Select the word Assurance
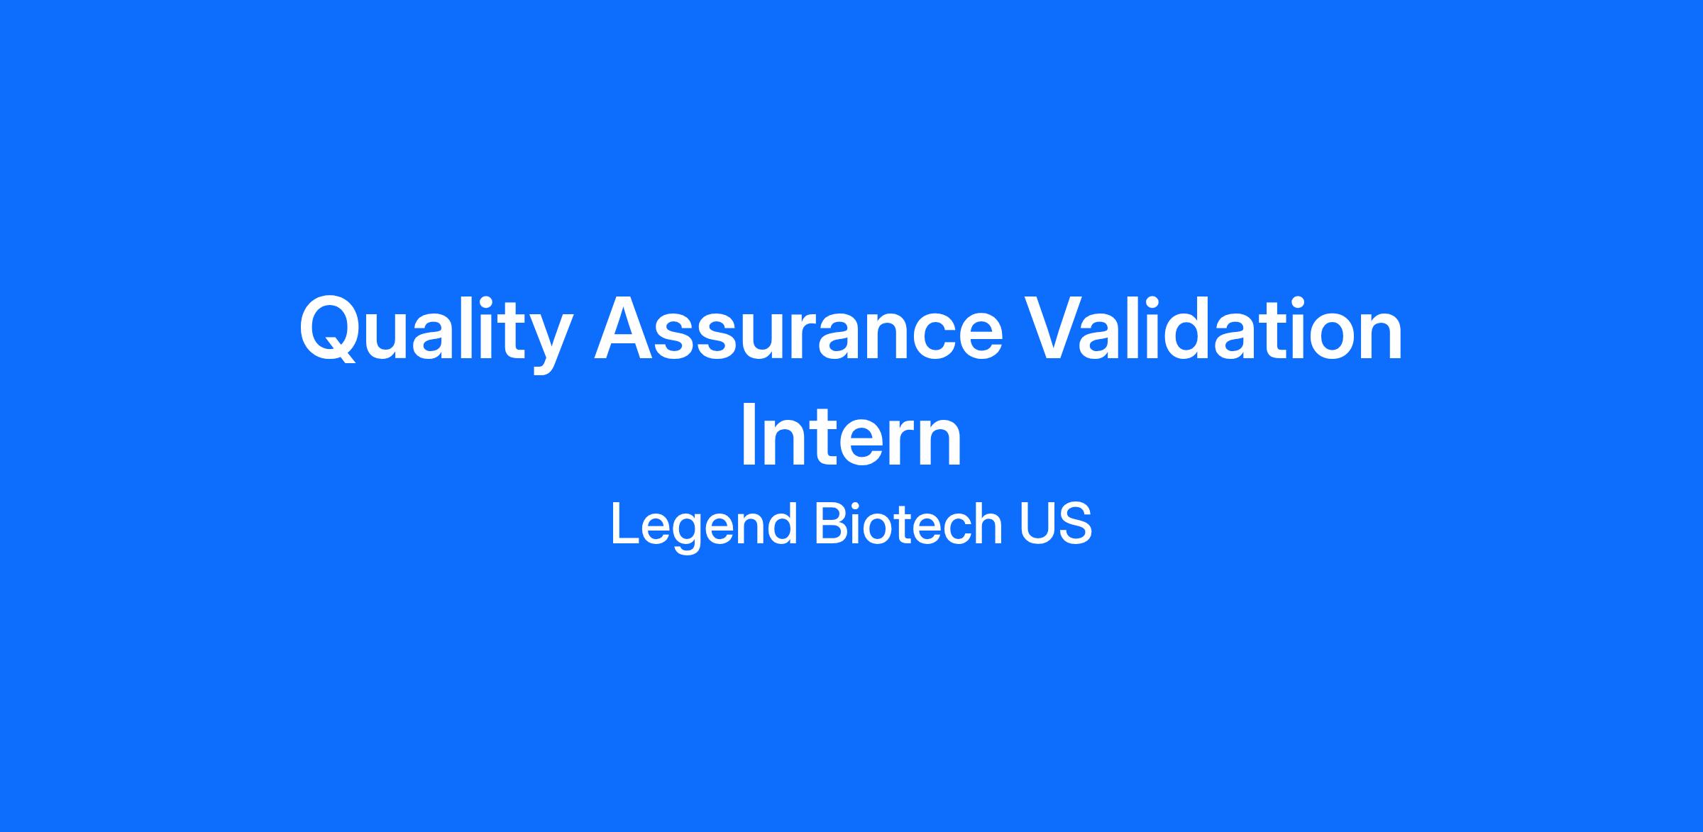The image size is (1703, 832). [798, 331]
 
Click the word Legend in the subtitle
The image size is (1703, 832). [702, 525]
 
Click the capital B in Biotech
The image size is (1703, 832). [832, 524]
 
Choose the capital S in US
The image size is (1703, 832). [1075, 524]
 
